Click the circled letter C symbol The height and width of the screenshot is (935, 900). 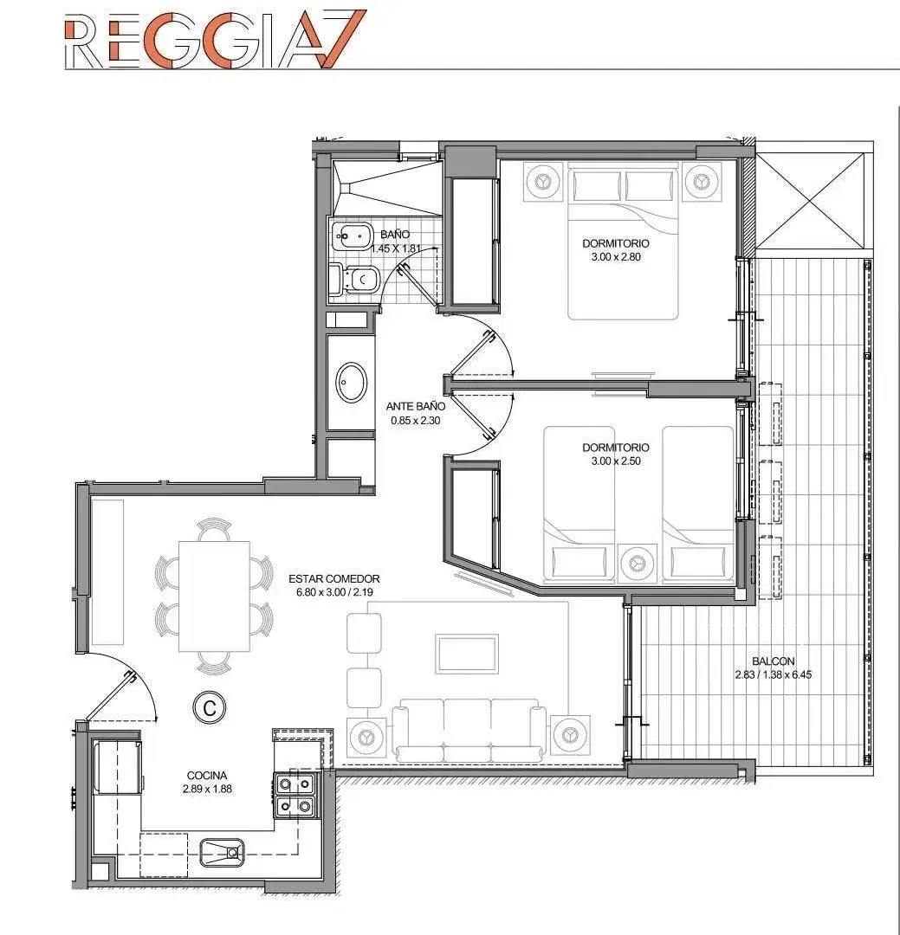[210, 708]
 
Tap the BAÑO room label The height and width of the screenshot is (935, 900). [395, 235]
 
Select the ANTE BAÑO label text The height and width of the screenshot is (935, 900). [416, 406]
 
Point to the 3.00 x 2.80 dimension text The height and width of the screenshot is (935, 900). [616, 257]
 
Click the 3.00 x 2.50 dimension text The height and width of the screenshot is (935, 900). [616, 461]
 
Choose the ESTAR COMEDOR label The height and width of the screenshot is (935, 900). [334, 578]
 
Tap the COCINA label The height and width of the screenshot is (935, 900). [207, 775]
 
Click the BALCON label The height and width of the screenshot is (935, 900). [774, 661]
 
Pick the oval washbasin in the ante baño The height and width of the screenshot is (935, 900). [353, 383]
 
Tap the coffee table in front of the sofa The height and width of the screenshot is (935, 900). [467, 654]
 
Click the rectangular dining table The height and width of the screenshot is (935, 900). [214, 596]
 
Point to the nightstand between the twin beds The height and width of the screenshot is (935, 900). [638, 563]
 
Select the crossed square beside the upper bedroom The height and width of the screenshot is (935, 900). [810, 201]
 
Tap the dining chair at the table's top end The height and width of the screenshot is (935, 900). [214, 529]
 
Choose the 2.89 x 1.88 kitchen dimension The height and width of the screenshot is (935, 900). [207, 789]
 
